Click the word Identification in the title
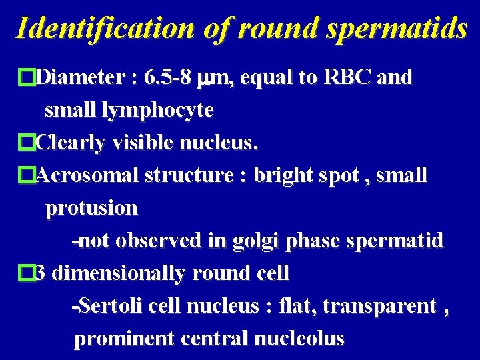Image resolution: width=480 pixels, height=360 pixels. (103, 28)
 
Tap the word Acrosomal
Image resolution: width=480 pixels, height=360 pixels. (87, 175)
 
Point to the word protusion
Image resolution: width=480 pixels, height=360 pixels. (91, 208)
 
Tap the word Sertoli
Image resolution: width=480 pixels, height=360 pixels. (106, 306)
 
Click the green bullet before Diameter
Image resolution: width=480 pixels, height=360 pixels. (27, 78)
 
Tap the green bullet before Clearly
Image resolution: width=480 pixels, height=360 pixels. (27, 143)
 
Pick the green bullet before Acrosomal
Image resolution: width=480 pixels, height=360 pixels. (27, 175)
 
